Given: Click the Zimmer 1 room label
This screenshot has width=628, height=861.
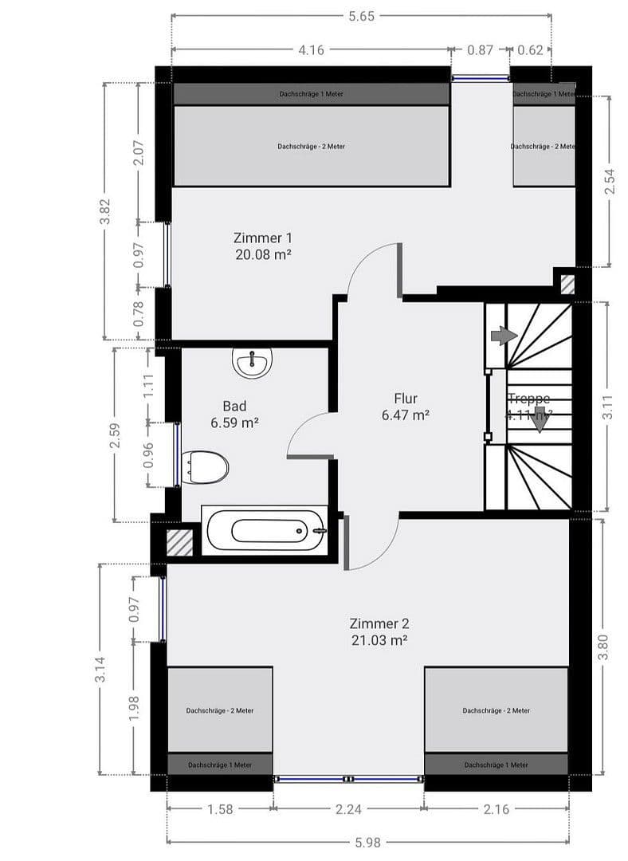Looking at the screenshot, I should click(x=262, y=238).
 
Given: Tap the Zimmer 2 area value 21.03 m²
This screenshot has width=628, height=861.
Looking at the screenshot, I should click(x=379, y=639).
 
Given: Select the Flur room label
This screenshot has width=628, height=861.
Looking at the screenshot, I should click(x=405, y=399).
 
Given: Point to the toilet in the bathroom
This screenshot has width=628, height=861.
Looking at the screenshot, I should click(x=206, y=467).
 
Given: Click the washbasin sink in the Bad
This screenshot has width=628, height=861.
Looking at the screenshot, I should click(x=253, y=364).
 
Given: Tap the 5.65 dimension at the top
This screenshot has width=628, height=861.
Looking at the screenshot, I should click(x=361, y=15).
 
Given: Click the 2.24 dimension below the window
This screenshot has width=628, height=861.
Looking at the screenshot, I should click(x=348, y=809).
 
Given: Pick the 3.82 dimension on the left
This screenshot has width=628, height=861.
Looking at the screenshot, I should click(x=105, y=210).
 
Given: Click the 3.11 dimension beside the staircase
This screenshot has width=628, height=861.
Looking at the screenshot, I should click(x=608, y=406).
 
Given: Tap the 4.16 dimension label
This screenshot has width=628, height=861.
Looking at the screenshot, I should click(x=310, y=49).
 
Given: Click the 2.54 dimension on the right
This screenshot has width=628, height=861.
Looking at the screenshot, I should click(x=609, y=181).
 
